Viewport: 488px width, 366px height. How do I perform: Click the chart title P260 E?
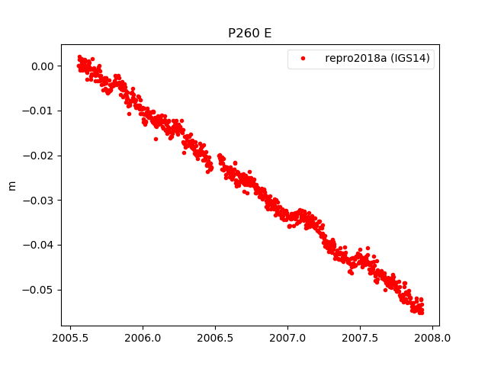click(249, 34)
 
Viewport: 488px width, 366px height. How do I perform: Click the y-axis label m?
click(11, 185)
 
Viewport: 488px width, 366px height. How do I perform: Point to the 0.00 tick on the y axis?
click(42, 66)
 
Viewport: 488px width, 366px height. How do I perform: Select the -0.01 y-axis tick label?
click(40, 111)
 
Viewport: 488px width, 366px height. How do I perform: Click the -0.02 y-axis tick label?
click(40, 156)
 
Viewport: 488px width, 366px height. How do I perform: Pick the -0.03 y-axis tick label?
click(40, 201)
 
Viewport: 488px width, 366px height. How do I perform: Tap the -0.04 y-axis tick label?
click(40, 245)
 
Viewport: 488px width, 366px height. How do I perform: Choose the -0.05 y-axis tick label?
click(40, 290)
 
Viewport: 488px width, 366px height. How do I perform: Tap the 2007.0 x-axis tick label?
click(288, 338)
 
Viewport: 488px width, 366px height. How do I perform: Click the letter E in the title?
click(267, 34)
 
